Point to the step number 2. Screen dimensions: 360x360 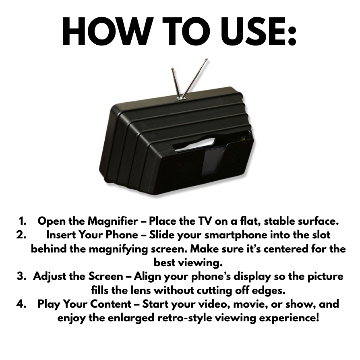(x=21, y=235)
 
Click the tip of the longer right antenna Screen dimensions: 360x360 (x=207, y=60)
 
